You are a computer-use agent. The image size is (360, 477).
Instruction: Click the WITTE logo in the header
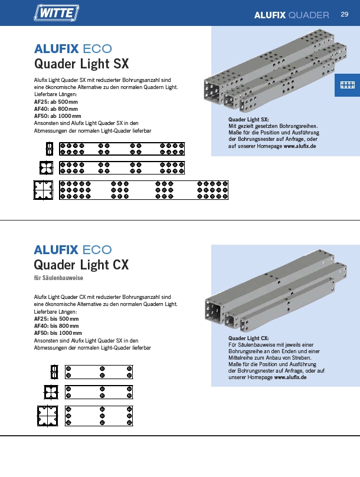pyautogui.click(x=56, y=13)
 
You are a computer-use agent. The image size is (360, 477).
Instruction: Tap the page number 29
pyautogui.click(x=345, y=14)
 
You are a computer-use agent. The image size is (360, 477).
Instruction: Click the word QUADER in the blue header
pyautogui.click(x=309, y=15)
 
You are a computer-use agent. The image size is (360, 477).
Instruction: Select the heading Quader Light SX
pyautogui.click(x=81, y=64)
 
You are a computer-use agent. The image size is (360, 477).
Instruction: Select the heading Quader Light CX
pyautogui.click(x=81, y=265)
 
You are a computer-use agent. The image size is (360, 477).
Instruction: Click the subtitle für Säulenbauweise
pyautogui.click(x=58, y=278)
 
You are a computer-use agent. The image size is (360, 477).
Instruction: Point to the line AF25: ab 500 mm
pyautogui.click(x=55, y=102)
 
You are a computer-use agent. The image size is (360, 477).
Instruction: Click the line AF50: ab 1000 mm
pyautogui.click(x=58, y=116)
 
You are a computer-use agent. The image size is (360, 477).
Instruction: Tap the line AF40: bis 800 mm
pyautogui.click(x=56, y=326)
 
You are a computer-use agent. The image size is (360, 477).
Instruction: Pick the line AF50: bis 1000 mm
pyautogui.click(x=58, y=333)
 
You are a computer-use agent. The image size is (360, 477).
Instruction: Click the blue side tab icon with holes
pyautogui.click(x=347, y=85)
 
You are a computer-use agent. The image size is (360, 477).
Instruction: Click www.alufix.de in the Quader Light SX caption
pyautogui.click(x=300, y=146)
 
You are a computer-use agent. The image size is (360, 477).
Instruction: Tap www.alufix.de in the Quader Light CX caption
pyautogui.click(x=290, y=377)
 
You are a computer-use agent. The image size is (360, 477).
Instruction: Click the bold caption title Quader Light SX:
pyautogui.click(x=248, y=120)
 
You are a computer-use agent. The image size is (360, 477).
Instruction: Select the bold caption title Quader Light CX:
pyautogui.click(x=248, y=338)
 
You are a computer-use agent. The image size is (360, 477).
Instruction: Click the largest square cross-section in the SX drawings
pyautogui.click(x=43, y=190)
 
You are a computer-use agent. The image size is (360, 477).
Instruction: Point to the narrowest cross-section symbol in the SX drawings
pyautogui.click(x=50, y=149)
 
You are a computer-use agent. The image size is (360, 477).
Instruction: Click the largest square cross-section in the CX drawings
pyautogui.click(x=48, y=416)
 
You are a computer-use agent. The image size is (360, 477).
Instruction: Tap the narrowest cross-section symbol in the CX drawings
pyautogui.click(x=54, y=371)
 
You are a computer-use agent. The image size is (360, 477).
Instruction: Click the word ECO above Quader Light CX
pyautogui.click(x=97, y=250)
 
